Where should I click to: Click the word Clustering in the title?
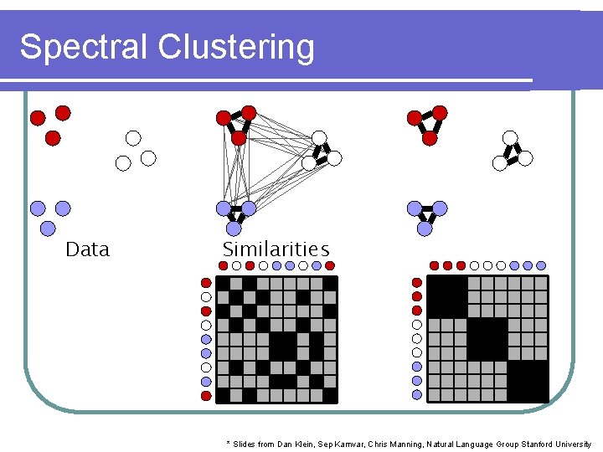click(x=235, y=48)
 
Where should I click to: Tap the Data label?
click(x=87, y=249)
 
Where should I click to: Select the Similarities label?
click(x=276, y=249)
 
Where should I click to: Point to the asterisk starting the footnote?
click(x=228, y=443)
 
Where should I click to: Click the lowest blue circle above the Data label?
click(x=48, y=228)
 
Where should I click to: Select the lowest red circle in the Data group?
click(x=53, y=138)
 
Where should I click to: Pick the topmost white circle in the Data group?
click(x=133, y=138)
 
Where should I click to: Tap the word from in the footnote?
click(x=269, y=444)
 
